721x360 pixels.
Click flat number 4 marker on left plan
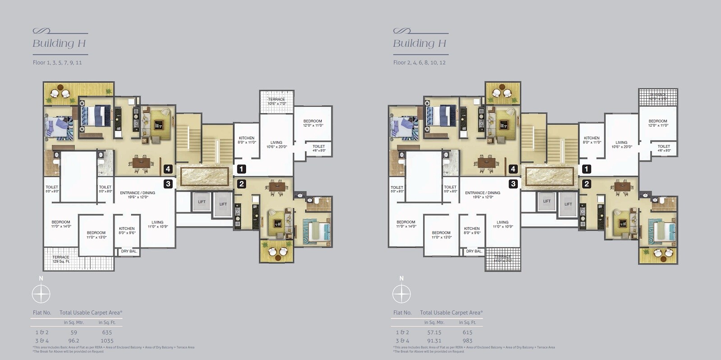(x=168, y=169)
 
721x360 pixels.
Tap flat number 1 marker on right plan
(x=586, y=169)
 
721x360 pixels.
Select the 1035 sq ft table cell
(x=107, y=341)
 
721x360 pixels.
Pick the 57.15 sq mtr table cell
(x=434, y=332)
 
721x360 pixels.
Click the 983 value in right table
(x=467, y=341)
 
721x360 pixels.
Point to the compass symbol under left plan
(x=41, y=294)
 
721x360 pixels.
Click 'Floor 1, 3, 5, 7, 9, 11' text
(x=57, y=63)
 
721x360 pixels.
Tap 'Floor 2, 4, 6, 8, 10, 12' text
(x=419, y=63)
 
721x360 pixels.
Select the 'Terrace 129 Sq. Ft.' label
(x=61, y=259)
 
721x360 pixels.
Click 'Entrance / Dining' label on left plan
(x=137, y=195)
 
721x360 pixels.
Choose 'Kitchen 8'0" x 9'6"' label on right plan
(x=472, y=231)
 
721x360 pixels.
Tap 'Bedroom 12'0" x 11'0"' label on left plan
(x=313, y=123)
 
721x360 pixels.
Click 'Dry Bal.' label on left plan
(x=129, y=251)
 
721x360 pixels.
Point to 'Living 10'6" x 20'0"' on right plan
(x=621, y=144)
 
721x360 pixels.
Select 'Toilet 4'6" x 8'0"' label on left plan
(x=319, y=148)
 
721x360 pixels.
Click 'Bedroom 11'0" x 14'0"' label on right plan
(x=406, y=224)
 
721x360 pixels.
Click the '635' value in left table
(x=107, y=332)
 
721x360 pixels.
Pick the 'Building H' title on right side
(x=419, y=43)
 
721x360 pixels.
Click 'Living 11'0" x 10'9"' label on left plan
(x=157, y=224)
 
